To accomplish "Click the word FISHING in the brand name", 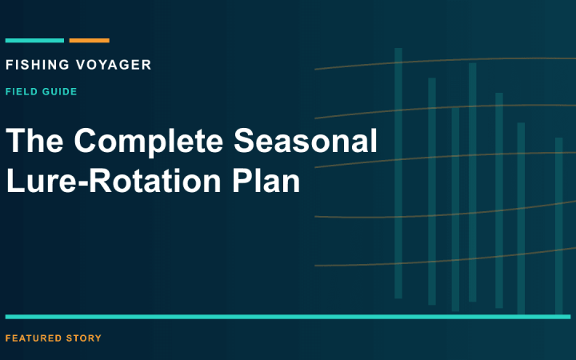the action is point(38,65).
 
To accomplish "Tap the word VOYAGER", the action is point(114,65).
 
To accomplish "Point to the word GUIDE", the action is point(59,91).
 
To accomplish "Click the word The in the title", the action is point(34,140).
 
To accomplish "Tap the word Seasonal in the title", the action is point(306,140).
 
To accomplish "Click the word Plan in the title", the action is point(266,181).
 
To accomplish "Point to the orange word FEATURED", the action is point(34,338).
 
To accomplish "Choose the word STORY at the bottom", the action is point(84,338).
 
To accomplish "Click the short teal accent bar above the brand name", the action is point(34,41).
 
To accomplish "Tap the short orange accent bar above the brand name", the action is point(90,41).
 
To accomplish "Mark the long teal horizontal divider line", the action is point(288,317).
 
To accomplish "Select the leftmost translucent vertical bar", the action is point(398,173).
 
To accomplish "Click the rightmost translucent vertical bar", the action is point(558,226).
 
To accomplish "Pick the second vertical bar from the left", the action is point(432,191).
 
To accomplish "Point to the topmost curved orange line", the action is point(446,60).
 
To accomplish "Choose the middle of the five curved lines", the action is point(446,156).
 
